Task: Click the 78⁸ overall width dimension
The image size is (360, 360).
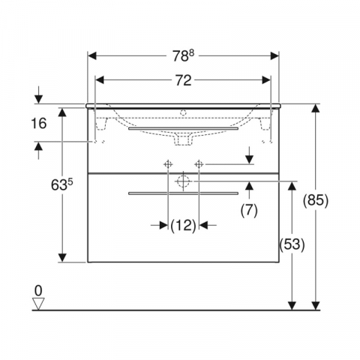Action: click(183, 55)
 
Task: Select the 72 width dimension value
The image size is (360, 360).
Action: click(183, 80)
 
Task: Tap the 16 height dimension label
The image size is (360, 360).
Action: click(39, 123)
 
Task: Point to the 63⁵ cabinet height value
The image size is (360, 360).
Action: click(61, 185)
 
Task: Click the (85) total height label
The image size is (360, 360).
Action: click(316, 200)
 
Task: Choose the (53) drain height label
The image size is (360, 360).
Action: click(292, 244)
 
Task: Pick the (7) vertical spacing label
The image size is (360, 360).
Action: click(249, 210)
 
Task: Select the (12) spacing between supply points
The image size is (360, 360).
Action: click(183, 226)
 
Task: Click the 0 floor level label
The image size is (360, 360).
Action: click(38, 291)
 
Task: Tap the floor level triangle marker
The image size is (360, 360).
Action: click(38, 304)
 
